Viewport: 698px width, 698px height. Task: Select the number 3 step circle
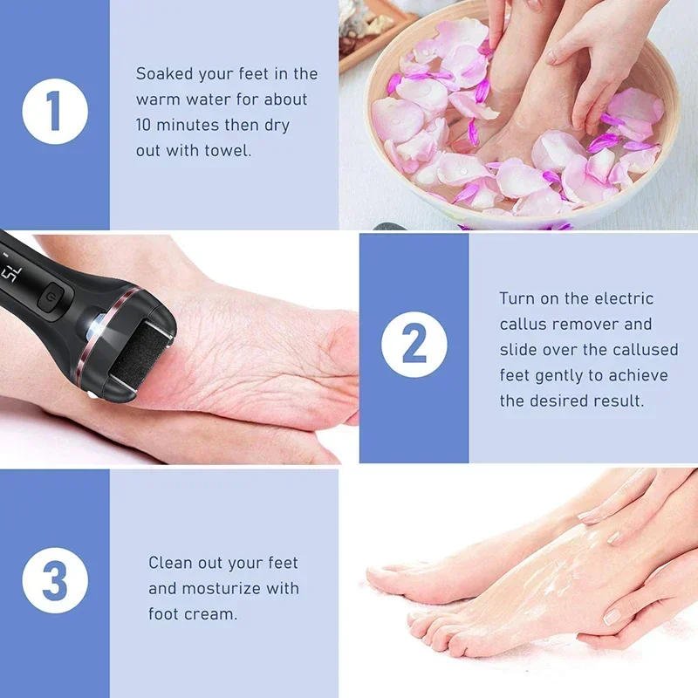[x=55, y=580]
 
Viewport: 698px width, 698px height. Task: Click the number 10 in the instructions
[x=146, y=125]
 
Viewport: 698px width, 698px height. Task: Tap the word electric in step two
[x=624, y=298]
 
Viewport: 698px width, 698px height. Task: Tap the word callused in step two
[x=640, y=350]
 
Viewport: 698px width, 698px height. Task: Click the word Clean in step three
[x=173, y=563]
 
